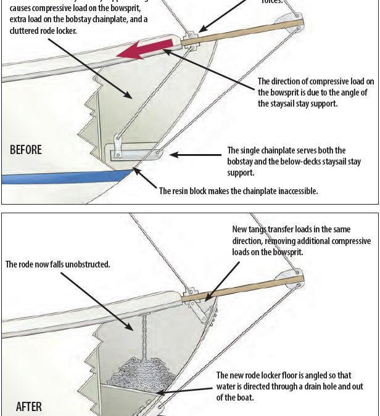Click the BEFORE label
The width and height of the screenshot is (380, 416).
25,150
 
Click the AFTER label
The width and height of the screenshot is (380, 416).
29,407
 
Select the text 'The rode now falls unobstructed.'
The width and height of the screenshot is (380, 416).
58,264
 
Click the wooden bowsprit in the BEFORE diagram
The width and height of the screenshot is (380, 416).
247,33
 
